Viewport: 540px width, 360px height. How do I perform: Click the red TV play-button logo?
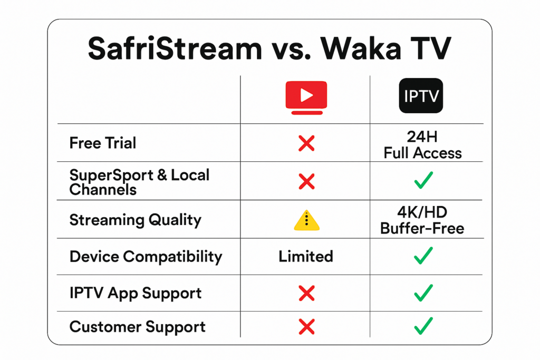pyautogui.click(x=306, y=97)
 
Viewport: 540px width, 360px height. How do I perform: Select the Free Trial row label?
pyautogui.click(x=103, y=143)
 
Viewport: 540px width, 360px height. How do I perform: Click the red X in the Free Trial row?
pyautogui.click(x=306, y=143)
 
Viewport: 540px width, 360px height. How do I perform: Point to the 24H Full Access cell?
pyautogui.click(x=423, y=144)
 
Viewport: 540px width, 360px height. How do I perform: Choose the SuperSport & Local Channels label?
pyautogui.click(x=139, y=182)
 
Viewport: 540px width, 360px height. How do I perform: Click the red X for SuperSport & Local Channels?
pyautogui.click(x=306, y=181)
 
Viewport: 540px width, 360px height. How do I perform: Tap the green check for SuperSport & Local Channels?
pyautogui.click(x=423, y=181)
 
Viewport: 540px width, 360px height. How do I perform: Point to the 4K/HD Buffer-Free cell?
pyautogui.click(x=423, y=220)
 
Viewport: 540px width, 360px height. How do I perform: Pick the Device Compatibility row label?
pyautogui.click(x=146, y=257)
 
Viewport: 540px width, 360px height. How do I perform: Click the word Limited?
pyautogui.click(x=306, y=257)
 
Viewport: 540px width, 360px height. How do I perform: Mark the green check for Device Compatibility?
pyautogui.click(x=423, y=256)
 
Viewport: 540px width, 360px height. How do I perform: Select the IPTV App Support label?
pyautogui.click(x=136, y=293)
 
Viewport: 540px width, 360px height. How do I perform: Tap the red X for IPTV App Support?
pyautogui.click(x=306, y=293)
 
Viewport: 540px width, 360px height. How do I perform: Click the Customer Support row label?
pyautogui.click(x=137, y=327)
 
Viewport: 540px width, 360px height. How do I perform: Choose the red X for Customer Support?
pyautogui.click(x=306, y=327)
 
